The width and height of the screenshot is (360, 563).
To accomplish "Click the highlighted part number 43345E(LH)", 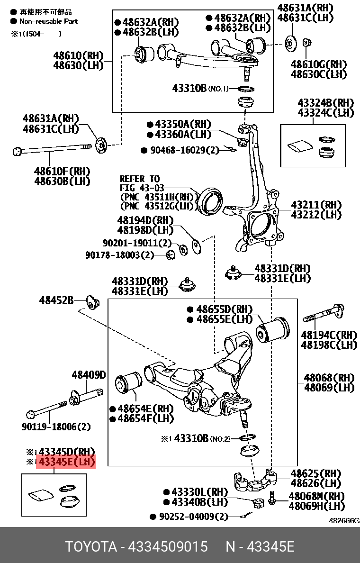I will pyautogui.click(x=66, y=462).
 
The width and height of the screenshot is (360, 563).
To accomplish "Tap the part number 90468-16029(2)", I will pyautogui.click(x=180, y=150).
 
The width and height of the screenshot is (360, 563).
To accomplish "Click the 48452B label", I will pyautogui.click(x=56, y=300).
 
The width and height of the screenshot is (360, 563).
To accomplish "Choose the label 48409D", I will pyautogui.click(x=89, y=375).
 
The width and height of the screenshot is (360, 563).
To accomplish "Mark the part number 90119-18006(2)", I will pyautogui.click(x=56, y=427).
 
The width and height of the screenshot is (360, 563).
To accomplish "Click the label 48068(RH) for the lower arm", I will pyautogui.click(x=329, y=378).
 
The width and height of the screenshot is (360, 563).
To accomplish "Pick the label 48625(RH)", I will pyautogui.click(x=315, y=473).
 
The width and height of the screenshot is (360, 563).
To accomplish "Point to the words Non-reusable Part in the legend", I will pyautogui.click(x=48, y=21).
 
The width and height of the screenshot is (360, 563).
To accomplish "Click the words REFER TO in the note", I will pyautogui.click(x=140, y=179).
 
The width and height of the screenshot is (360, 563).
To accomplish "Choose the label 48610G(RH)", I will pyautogui.click(x=318, y=64).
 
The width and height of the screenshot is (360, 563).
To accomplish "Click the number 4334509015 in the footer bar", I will pyautogui.click(x=168, y=546).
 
